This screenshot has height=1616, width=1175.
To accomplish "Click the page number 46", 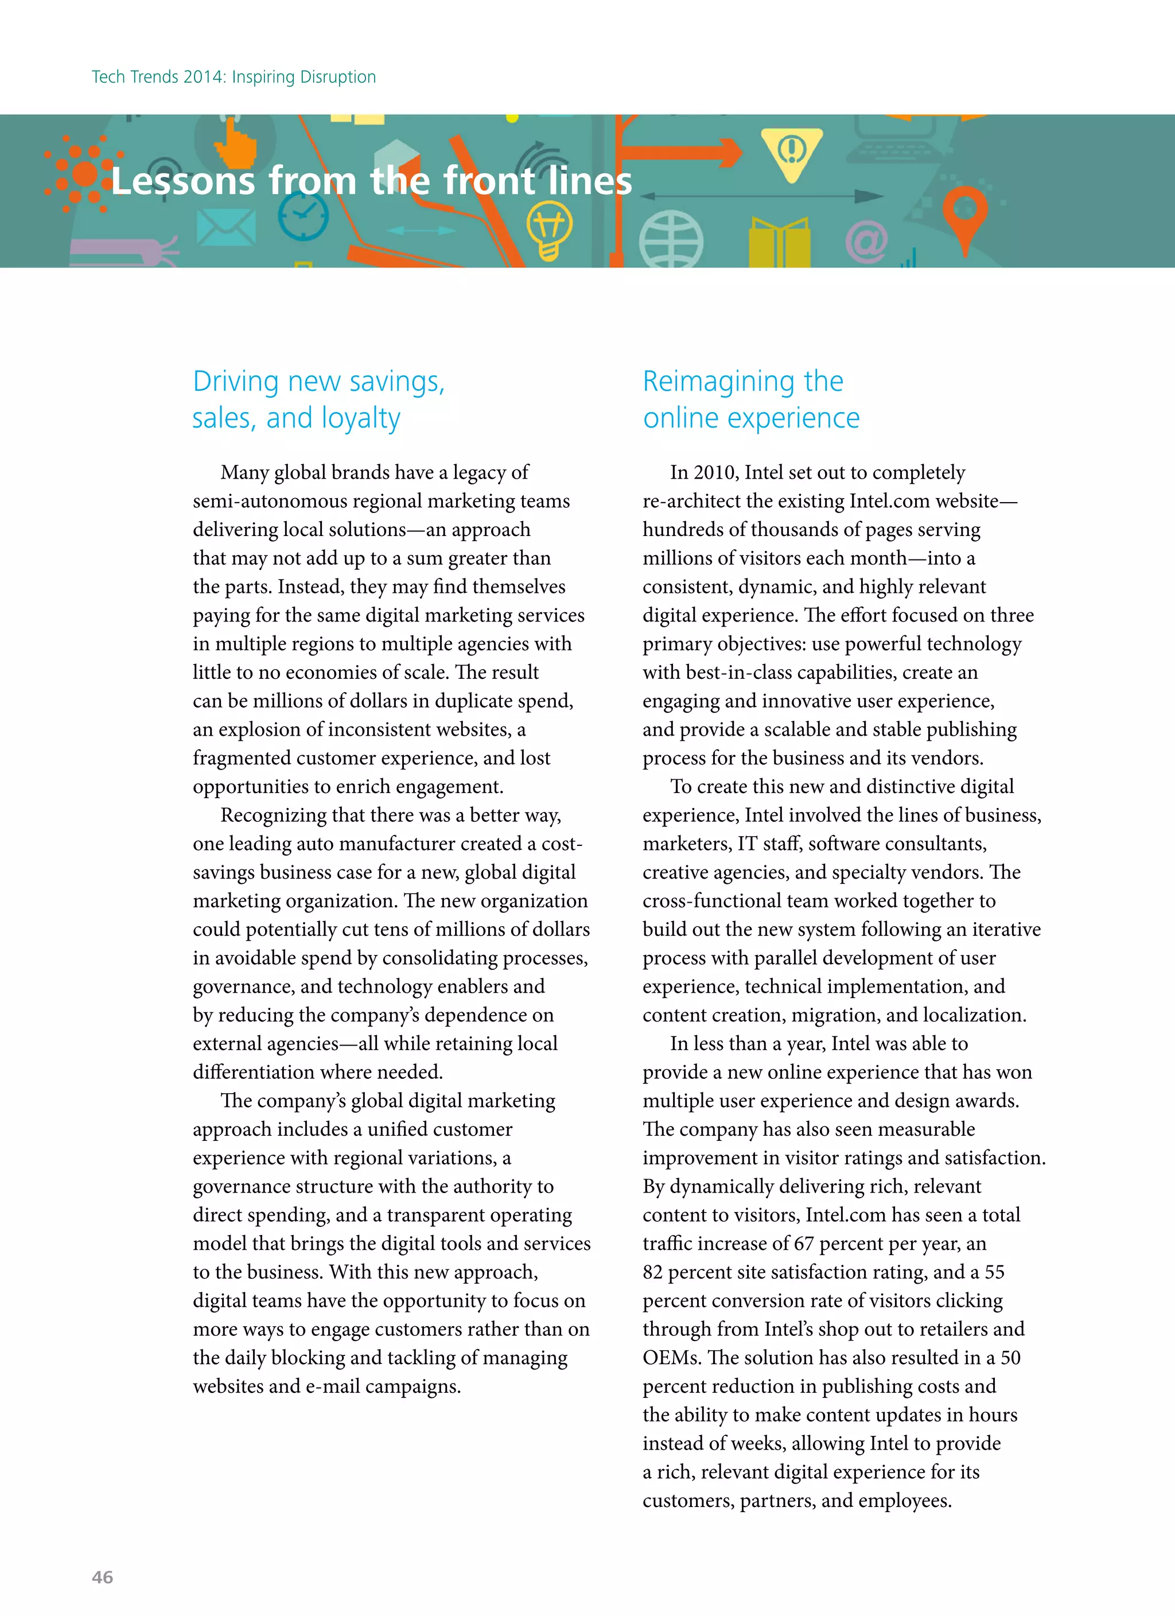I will [x=103, y=1577].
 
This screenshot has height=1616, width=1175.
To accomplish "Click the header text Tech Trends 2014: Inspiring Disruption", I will [x=234, y=77].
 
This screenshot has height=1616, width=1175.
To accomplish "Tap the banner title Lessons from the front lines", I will [x=371, y=180].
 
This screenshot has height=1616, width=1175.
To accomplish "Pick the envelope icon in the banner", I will [x=226, y=227].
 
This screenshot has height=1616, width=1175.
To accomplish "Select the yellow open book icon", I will [x=780, y=242].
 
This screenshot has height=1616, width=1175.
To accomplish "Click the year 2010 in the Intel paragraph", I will [x=715, y=473].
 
